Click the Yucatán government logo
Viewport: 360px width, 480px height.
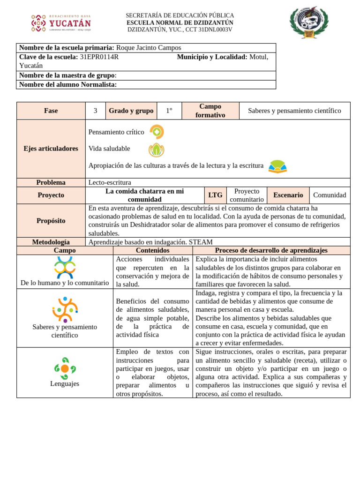point(60,23)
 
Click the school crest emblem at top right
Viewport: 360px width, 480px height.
point(309,22)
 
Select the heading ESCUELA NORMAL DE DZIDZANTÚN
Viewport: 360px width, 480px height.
point(180,22)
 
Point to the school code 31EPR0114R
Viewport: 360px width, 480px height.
point(99,57)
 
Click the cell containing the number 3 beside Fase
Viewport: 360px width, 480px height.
point(95,111)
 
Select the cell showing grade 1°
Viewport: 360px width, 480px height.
point(169,111)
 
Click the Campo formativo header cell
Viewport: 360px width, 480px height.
point(210,111)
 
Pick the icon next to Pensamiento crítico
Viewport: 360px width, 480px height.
point(157,132)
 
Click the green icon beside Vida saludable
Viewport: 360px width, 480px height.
point(156,150)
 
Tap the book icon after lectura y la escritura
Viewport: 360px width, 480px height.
point(277,166)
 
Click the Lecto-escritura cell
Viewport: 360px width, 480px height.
point(110,182)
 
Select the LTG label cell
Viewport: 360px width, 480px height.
point(215,195)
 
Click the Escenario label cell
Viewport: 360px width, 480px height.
point(288,195)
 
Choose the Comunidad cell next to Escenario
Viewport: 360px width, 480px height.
point(330,195)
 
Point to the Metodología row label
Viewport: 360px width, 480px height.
point(51,242)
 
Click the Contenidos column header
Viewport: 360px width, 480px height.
point(152,250)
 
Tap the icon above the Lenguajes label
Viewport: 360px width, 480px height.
point(65,368)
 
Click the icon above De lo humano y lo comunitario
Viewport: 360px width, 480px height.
point(65,267)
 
